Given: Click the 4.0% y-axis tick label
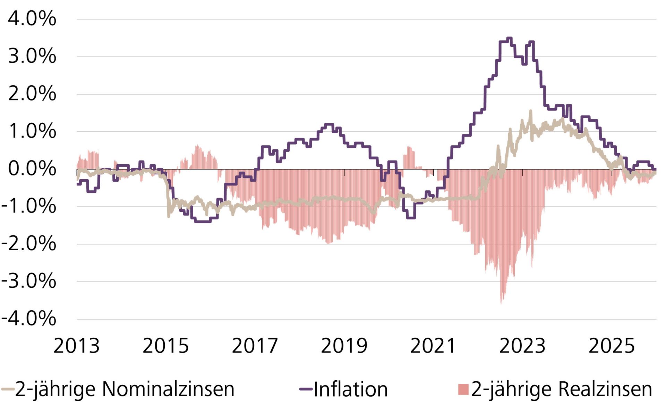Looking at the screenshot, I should click(32, 19).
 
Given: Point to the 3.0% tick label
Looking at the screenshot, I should click(32, 56).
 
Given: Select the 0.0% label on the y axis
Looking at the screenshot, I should click(32, 169).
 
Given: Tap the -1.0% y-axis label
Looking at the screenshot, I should click(28, 207).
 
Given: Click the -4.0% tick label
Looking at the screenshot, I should click(28, 319).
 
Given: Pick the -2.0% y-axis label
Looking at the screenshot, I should click(28, 244).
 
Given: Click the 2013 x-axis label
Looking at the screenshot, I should click(76, 346).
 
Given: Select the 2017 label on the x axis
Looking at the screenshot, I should click(255, 346).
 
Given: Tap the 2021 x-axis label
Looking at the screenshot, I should click(433, 346).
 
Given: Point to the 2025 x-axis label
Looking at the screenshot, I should click(612, 346).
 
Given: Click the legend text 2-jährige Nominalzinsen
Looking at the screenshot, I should click(125, 389).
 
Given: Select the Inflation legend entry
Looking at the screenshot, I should click(350, 390).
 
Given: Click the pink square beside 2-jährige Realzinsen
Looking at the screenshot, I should click(463, 389).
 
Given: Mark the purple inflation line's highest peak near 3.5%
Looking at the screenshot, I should click(509, 38).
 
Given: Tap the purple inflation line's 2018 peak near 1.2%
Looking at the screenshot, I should click(329, 124).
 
